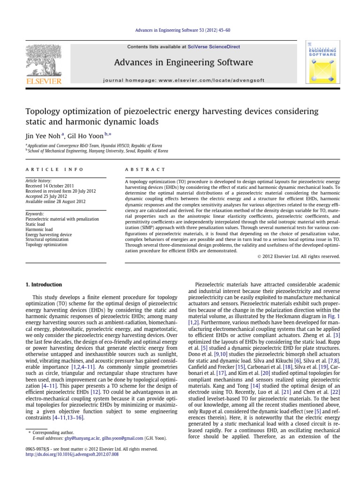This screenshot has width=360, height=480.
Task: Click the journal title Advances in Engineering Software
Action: [180, 62]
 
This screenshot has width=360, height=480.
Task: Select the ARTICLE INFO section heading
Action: [54, 169]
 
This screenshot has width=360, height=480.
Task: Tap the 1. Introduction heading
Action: [43, 285]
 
